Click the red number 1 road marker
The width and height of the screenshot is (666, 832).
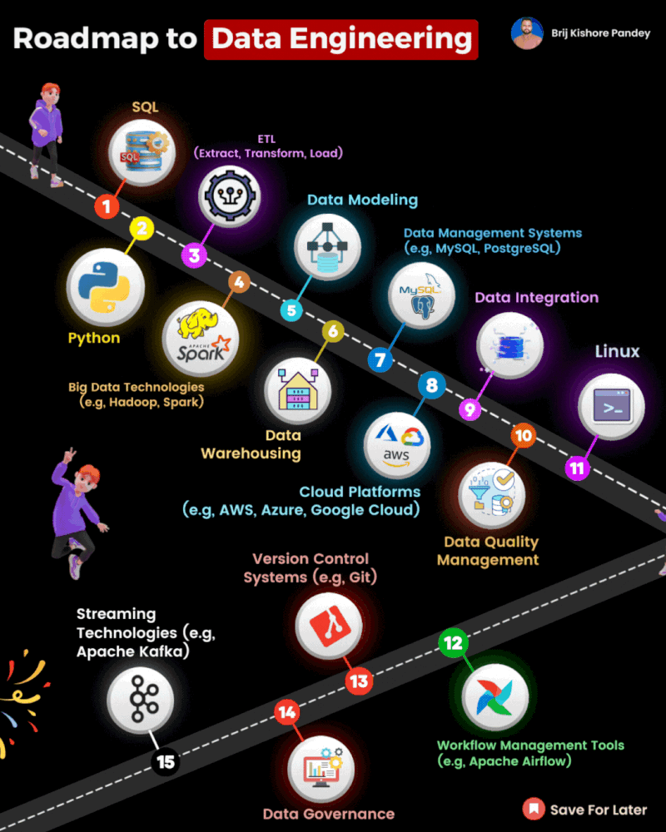[x=107, y=206]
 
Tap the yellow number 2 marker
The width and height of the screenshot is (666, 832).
[x=142, y=229]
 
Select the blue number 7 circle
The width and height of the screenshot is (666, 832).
[x=380, y=360]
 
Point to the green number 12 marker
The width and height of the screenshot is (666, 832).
[x=453, y=642]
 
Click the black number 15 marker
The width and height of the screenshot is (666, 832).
[x=165, y=762]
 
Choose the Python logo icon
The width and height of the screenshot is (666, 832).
[x=105, y=287]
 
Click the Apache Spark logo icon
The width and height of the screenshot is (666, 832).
[x=201, y=339]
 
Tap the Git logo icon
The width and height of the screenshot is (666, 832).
[x=330, y=625]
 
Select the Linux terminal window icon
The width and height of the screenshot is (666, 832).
[x=611, y=406]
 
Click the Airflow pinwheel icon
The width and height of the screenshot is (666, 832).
[x=495, y=697]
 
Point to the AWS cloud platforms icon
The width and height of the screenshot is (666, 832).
[x=397, y=445]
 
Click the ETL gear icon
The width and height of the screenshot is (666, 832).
[x=230, y=196]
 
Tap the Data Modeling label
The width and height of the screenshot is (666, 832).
[x=363, y=200]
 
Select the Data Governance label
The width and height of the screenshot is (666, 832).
[x=329, y=814]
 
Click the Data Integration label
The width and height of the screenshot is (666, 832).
[x=536, y=298]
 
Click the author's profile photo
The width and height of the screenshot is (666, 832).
[x=527, y=33]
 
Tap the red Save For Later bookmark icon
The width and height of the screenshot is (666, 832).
[x=534, y=809]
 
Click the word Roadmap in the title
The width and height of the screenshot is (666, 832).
[x=86, y=39]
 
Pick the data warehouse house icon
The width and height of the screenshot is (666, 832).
[x=297, y=390]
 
